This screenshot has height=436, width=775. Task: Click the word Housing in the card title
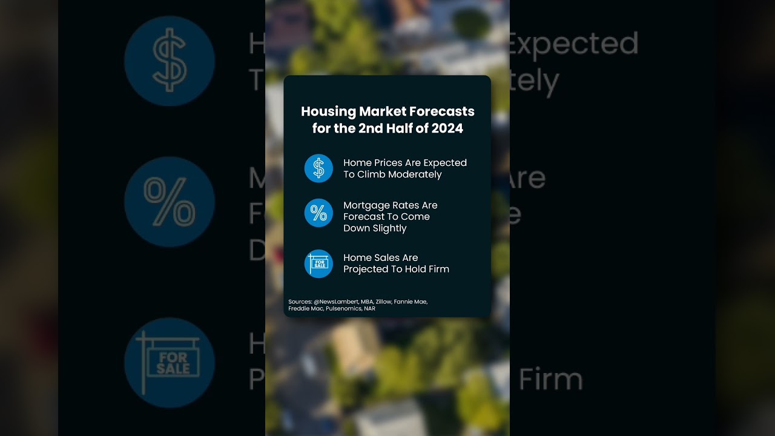328,112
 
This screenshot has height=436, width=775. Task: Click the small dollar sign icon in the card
318,168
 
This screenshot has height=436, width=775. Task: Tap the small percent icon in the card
318,213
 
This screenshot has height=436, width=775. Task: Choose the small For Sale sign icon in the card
318,263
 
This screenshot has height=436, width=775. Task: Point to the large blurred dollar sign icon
170,61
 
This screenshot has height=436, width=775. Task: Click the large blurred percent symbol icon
170,202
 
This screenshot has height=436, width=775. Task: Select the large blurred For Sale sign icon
170,363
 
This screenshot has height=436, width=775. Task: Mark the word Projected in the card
366,269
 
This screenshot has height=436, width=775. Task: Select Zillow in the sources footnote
383,302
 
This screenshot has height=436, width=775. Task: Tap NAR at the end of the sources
369,309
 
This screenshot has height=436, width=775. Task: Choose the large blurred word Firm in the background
551,379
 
